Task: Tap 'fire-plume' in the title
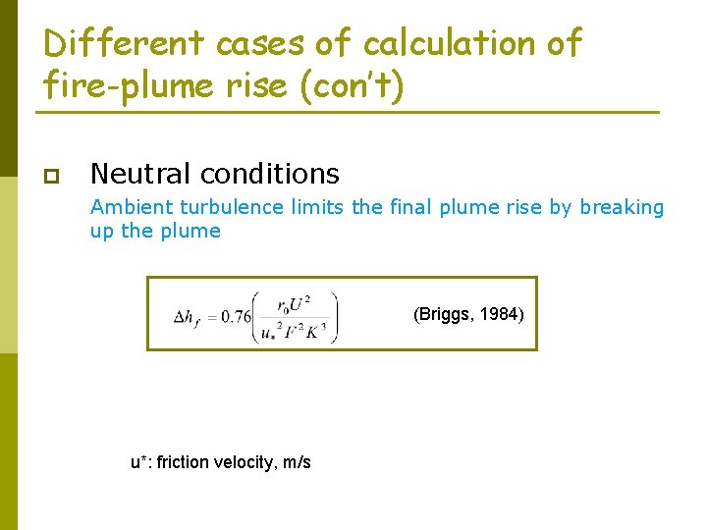click(126, 87)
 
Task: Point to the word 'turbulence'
click(225, 207)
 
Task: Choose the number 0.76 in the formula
click(236, 316)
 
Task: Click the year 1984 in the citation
click(503, 315)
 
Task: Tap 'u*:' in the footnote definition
click(141, 461)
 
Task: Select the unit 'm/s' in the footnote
click(294, 461)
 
